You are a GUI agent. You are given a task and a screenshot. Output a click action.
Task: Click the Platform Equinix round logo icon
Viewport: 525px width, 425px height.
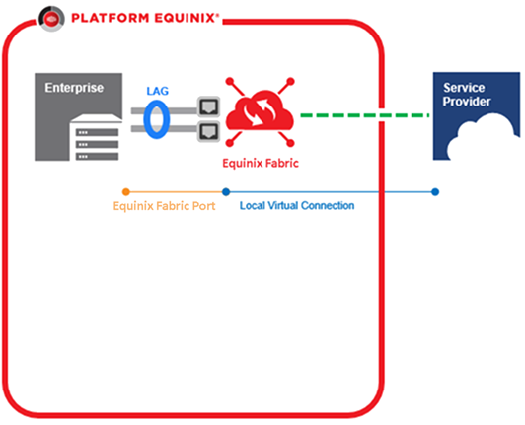point(51,19)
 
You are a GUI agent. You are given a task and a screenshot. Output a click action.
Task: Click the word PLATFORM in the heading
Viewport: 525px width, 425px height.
point(110,18)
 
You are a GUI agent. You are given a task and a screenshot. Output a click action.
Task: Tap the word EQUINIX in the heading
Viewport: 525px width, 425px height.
point(185,18)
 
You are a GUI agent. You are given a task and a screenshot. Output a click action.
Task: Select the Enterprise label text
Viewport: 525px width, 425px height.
point(74,88)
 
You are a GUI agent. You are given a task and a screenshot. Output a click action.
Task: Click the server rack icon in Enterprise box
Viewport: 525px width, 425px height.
point(97,137)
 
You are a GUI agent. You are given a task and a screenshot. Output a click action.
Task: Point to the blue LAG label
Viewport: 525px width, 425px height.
point(157,91)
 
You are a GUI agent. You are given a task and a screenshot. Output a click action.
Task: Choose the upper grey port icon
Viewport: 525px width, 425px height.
point(208,106)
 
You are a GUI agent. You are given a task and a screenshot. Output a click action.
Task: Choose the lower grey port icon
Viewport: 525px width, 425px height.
point(208,131)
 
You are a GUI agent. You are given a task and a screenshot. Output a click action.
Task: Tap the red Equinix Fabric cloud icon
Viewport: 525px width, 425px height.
point(260,112)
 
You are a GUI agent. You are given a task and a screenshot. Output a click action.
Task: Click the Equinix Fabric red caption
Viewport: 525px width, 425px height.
point(261,164)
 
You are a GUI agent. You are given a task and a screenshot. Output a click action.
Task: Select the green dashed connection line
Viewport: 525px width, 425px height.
point(365,115)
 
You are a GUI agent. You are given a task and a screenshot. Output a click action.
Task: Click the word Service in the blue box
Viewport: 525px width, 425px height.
point(464,88)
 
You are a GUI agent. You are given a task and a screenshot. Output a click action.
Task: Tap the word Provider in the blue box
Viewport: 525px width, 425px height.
point(467,102)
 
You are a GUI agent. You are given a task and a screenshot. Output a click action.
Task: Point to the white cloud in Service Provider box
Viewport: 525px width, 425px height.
point(483,137)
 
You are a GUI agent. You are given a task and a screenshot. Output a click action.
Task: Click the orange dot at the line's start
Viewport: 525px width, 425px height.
point(126,192)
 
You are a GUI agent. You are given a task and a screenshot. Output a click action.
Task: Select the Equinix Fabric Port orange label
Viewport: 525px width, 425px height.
point(164,206)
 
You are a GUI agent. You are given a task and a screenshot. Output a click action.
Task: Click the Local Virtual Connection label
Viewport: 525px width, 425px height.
point(297,205)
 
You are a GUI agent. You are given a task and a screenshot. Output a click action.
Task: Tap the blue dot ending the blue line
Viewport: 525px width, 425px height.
point(435,192)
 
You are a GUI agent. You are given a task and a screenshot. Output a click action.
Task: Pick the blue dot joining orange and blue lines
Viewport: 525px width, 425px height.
point(226,192)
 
